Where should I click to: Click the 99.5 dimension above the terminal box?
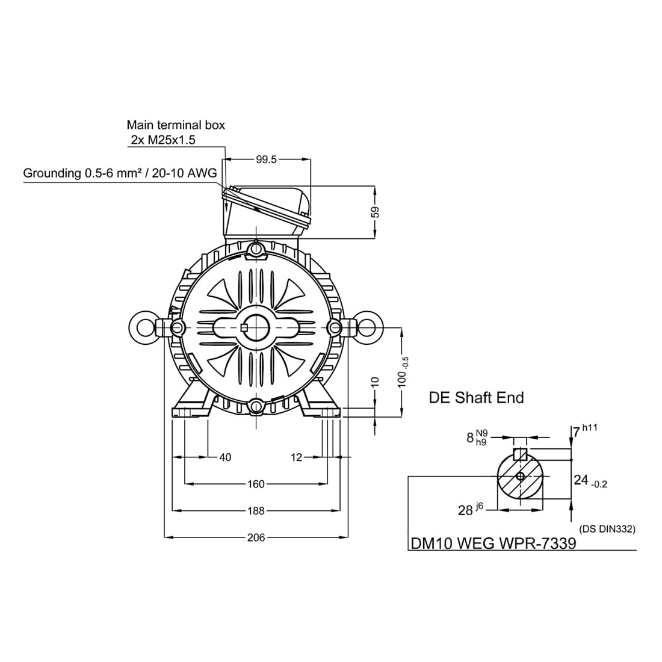point(266,159)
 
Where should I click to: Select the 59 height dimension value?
point(376,212)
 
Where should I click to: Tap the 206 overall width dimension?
point(256,537)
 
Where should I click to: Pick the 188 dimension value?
point(256,511)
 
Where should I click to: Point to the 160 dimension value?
point(256,484)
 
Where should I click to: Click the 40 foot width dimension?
point(226,457)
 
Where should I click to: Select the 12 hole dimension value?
point(296,457)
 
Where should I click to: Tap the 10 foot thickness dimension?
point(376,382)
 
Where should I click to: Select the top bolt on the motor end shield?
point(256,248)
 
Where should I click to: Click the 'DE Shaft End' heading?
point(476,398)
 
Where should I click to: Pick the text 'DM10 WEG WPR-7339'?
point(493,543)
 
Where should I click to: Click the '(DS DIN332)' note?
point(607,528)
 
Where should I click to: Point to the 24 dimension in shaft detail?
point(590,481)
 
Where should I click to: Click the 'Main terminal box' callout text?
point(176,125)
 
